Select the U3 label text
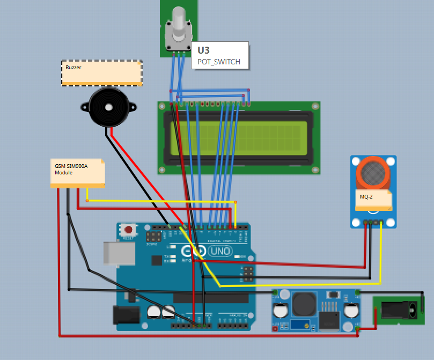click(203, 50)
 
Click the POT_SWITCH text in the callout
click(216, 62)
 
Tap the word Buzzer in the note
click(73, 68)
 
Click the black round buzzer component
click(109, 107)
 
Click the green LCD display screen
click(239, 137)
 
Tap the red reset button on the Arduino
click(128, 230)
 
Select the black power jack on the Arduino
click(122, 315)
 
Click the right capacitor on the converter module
click(351, 311)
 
